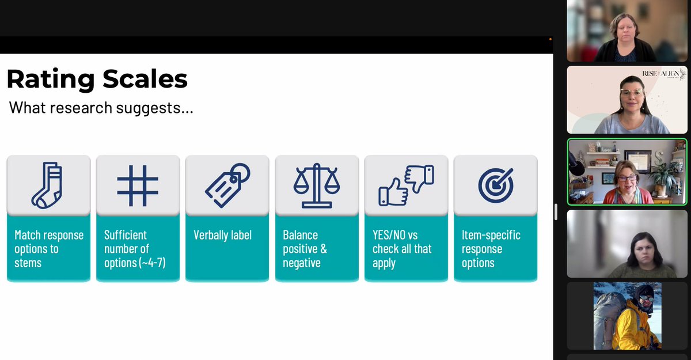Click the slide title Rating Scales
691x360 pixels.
click(x=97, y=79)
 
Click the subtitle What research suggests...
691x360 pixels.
click(x=101, y=108)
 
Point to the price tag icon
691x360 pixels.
click(x=227, y=185)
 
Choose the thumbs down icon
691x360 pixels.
click(x=419, y=177)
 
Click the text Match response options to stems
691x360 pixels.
click(x=49, y=249)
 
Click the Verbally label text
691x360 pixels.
click(x=222, y=235)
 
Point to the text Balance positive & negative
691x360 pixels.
click(x=305, y=249)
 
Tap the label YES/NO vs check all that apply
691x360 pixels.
click(x=402, y=249)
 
